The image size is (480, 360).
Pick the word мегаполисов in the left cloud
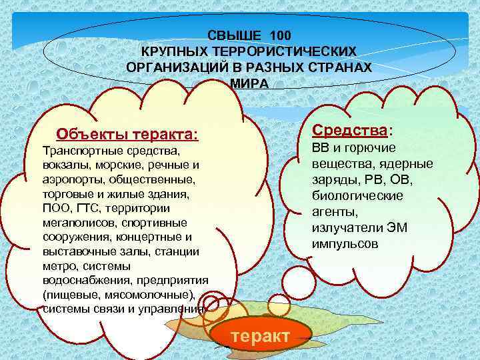pos(71,223)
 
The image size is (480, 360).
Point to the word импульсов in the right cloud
pos(345,244)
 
